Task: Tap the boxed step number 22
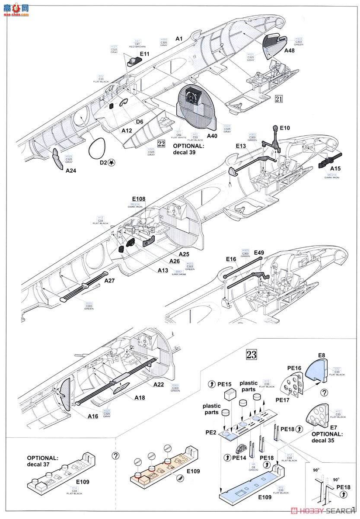tap(161, 144)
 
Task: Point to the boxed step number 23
tap(251, 355)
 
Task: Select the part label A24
tap(71, 171)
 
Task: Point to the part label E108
tap(139, 200)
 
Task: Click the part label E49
tap(259, 253)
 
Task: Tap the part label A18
tap(140, 397)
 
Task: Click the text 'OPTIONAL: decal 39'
tap(189, 149)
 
